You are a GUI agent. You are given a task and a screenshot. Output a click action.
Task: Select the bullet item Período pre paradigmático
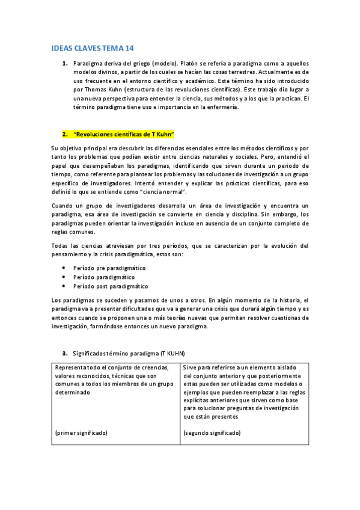[x=109, y=268]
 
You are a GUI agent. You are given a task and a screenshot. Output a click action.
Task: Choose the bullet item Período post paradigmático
[x=110, y=286]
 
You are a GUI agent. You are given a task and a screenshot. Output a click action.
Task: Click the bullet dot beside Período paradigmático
[x=64, y=277]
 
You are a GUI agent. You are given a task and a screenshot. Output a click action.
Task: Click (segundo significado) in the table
[x=212, y=432]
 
